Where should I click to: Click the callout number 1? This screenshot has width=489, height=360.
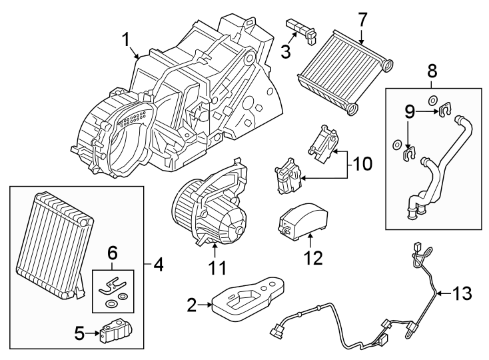tap(127, 41)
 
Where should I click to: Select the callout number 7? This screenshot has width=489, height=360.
tap(362, 19)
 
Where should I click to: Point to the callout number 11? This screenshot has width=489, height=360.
tap(217, 268)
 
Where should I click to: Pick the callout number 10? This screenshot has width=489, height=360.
tap(364, 162)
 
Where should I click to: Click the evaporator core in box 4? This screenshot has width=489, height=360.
tap(53, 243)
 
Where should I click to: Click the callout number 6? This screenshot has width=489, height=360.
tap(112, 253)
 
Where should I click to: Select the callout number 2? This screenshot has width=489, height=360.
tap(192, 306)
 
